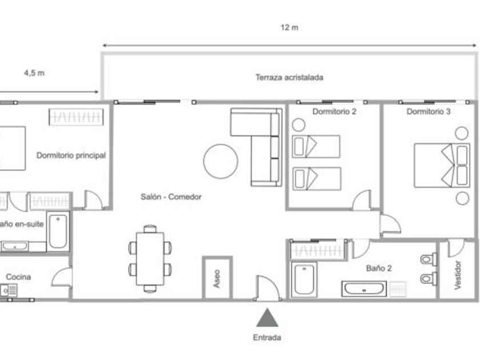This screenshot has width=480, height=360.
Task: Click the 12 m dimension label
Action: (290, 27)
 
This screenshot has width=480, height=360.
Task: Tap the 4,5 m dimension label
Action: (34, 73)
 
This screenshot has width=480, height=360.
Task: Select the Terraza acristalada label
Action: (289, 77)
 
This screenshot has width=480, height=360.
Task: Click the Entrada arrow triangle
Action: (267, 317)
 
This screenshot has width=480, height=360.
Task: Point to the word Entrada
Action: (267, 338)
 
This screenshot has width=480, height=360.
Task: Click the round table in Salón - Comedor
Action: (221, 161)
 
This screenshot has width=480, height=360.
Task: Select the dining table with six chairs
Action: (150, 258)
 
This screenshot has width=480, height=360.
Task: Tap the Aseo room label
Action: (217, 278)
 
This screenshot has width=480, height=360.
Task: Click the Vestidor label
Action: (458, 277)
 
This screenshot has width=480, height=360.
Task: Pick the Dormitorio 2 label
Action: (334, 112)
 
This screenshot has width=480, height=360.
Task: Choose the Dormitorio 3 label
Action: (429, 112)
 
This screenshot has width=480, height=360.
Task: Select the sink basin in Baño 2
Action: (365, 289)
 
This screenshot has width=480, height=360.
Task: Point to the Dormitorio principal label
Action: (71, 155)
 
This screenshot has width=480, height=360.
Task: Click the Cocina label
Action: (18, 277)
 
